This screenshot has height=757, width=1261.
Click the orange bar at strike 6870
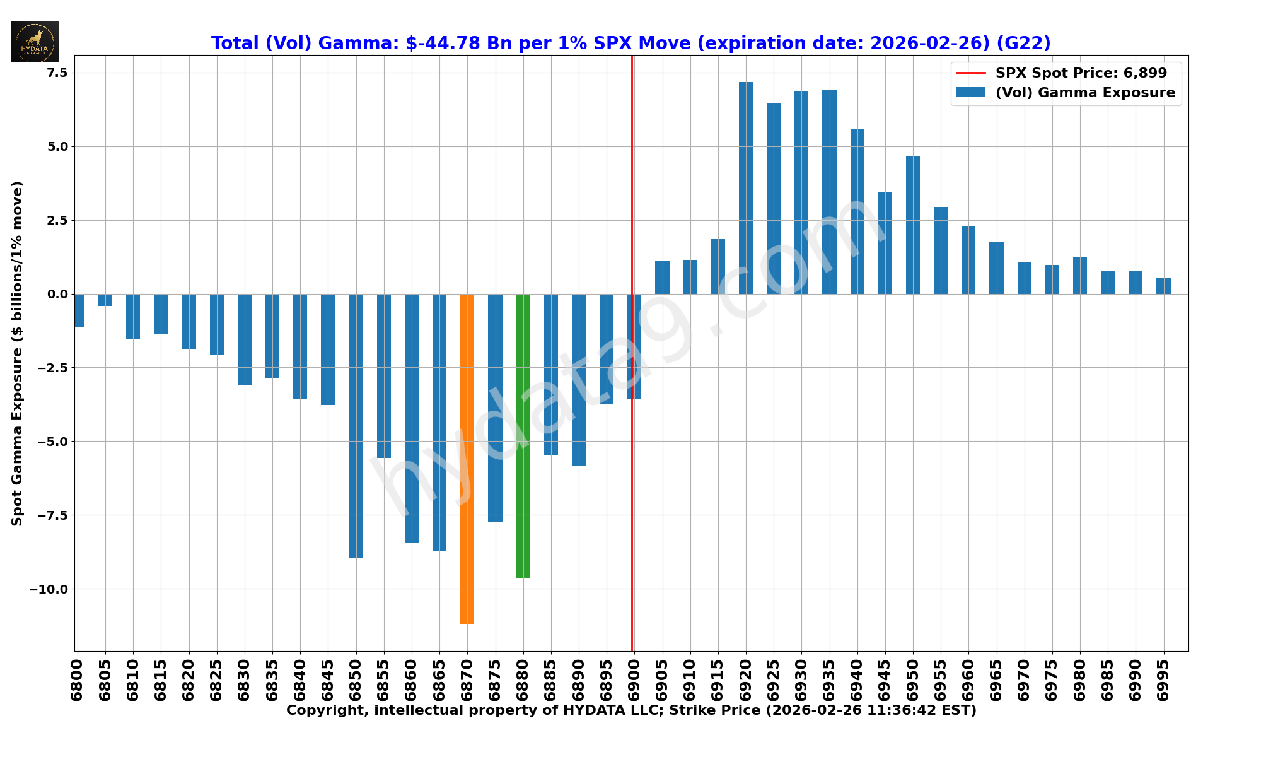(x=467, y=459)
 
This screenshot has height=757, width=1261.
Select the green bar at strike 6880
(x=523, y=435)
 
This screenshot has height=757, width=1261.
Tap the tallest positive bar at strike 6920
(x=746, y=188)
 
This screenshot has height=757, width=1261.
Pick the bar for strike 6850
(x=356, y=426)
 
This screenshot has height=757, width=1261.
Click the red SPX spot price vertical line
(x=632, y=189)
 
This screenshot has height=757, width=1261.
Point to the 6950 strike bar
(x=913, y=225)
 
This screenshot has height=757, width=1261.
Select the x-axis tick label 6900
(x=634, y=680)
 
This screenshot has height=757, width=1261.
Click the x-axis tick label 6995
(x=1163, y=680)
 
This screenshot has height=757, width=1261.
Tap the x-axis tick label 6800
(x=77, y=680)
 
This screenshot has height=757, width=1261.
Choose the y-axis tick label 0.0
(x=55, y=294)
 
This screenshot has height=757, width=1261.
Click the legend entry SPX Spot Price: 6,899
(x=1081, y=73)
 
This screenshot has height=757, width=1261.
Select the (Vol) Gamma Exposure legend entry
(x=1084, y=93)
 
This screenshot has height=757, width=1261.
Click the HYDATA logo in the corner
(x=35, y=42)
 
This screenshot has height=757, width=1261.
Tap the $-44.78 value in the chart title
(x=435, y=43)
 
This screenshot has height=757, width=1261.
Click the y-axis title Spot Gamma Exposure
(x=17, y=353)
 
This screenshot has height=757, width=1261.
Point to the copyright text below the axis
(x=630, y=710)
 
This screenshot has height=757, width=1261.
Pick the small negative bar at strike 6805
(x=105, y=300)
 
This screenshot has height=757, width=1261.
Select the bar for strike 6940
(x=857, y=211)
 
